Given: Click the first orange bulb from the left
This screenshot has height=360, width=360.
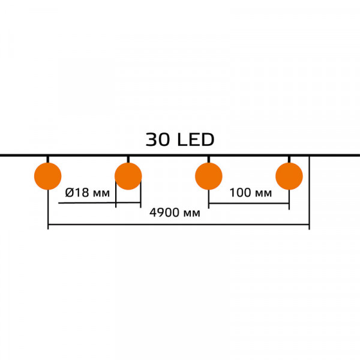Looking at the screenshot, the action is [48, 176].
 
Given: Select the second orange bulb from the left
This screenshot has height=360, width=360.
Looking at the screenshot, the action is [128, 176].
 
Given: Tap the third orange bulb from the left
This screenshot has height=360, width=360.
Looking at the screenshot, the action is [209, 176].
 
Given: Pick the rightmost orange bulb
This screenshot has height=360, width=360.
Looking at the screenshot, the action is [289, 176].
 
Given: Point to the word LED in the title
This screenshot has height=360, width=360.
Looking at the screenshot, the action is [196, 140].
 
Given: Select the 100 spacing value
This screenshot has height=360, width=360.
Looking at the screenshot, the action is [241, 193].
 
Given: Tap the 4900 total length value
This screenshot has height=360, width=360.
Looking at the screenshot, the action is [164, 212].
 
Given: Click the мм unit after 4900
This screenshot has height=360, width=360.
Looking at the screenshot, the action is [192, 214].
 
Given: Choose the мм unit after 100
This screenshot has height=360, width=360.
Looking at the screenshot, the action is [263, 194].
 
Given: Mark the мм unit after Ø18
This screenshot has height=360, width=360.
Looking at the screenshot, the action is [101, 194].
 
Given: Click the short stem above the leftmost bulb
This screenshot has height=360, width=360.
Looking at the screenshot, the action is [48, 160].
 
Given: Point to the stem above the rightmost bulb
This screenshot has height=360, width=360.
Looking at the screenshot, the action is [289, 160].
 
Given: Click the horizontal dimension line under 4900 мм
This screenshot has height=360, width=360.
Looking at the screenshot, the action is [179, 224].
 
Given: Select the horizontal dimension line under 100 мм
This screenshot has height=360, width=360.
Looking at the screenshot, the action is [249, 203].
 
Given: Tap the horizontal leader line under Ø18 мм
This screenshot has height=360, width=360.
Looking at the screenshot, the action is [100, 203].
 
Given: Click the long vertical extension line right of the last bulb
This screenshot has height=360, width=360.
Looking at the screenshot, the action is [309, 193].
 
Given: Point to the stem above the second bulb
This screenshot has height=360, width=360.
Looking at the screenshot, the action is [128, 160].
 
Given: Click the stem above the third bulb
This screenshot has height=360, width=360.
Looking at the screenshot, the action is [209, 160].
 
